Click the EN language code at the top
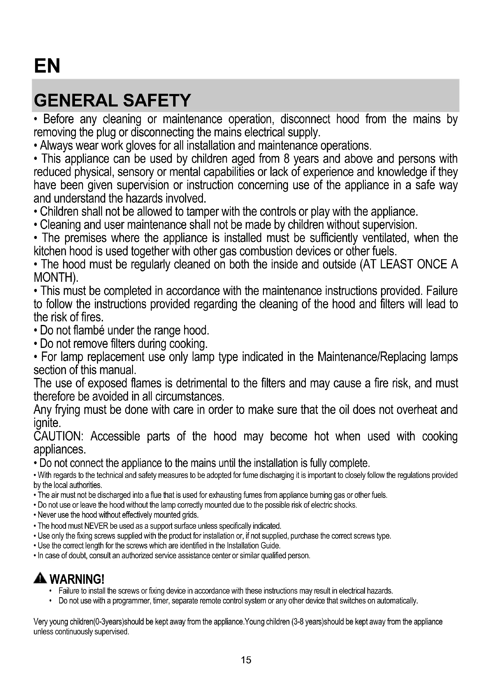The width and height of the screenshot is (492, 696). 47,66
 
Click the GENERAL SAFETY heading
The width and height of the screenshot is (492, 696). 112,100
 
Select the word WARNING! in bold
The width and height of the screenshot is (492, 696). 77,579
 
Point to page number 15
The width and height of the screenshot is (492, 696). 246,660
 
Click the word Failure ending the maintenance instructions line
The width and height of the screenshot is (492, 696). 442,291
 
